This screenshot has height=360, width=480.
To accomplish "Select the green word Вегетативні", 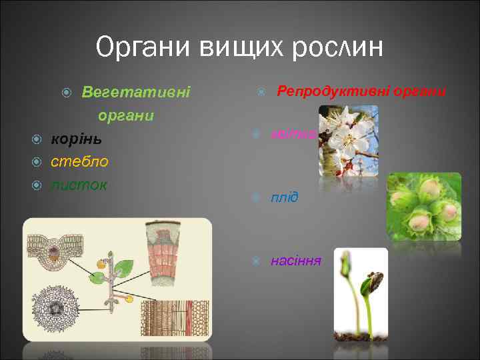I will click(135, 91).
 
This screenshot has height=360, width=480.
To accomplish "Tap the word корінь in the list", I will click(76, 139).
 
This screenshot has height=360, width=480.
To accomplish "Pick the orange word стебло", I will click(79, 162).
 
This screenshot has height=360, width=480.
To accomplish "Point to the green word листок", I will click(79, 185).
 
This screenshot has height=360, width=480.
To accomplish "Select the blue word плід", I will click(284, 198).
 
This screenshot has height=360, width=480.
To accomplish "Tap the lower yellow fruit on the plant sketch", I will click(129, 300).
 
